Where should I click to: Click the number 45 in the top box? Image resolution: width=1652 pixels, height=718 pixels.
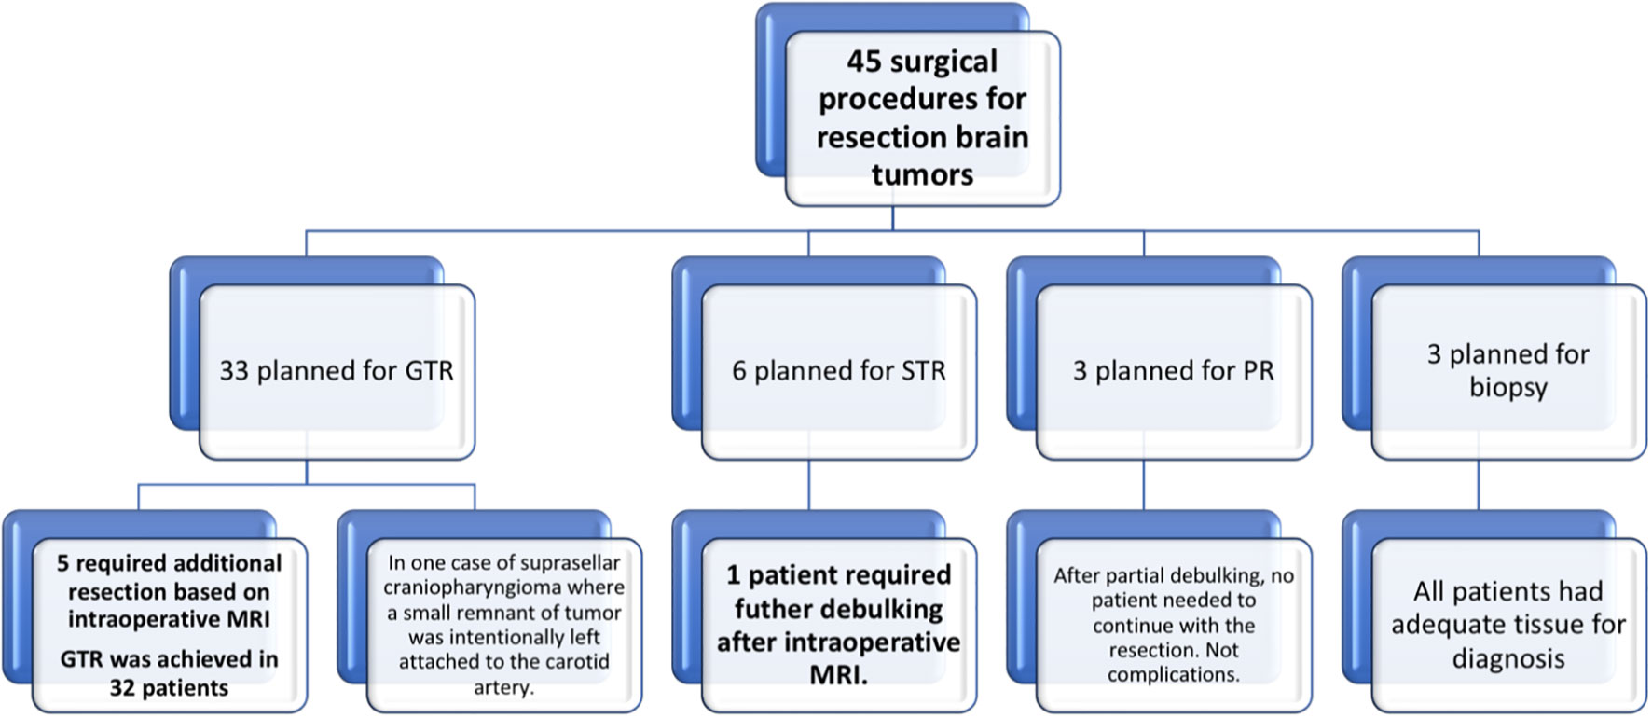tap(864, 62)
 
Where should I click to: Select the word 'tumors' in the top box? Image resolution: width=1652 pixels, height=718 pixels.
tap(922, 174)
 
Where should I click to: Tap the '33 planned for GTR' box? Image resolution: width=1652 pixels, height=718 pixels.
tap(337, 371)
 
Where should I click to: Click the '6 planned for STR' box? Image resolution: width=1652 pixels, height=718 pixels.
tap(839, 371)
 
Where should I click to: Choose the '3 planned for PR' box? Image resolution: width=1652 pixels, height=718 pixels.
tap(1174, 371)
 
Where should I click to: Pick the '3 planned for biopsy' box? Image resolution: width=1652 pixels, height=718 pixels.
tap(1508, 371)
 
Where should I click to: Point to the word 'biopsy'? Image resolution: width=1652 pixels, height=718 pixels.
tap(1508, 388)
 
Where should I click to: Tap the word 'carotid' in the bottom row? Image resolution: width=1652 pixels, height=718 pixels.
tap(573, 662)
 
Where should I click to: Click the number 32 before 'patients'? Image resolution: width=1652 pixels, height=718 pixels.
tap(123, 688)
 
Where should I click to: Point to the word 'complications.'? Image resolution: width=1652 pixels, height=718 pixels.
tap(1174, 675)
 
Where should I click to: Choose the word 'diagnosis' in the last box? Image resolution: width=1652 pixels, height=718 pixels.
tap(1508, 660)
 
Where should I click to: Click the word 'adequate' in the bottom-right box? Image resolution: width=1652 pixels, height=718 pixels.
tap(1447, 626)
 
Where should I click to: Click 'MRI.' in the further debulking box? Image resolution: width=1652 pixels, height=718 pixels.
tap(839, 676)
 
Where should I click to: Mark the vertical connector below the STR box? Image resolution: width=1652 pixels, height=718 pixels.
tap(809, 485)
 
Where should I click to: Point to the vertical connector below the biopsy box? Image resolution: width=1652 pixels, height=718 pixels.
tap(1480, 485)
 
